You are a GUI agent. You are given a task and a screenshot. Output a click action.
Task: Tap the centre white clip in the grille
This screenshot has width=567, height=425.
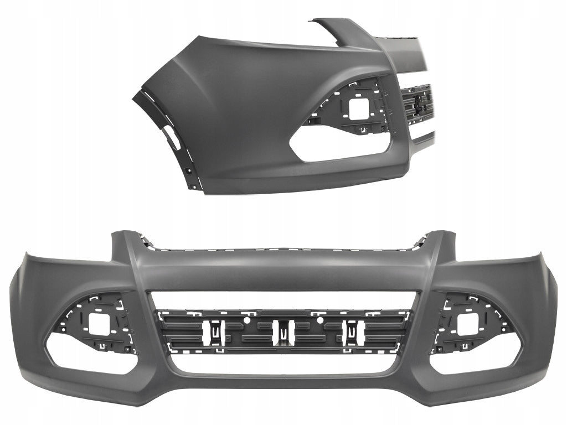click(x=283, y=331)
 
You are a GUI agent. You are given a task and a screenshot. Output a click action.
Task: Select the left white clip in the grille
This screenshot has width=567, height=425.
click(x=213, y=331)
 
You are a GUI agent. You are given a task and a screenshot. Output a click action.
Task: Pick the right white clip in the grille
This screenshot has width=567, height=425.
click(x=353, y=331)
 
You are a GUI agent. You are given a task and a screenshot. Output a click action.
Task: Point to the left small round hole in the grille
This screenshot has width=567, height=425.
click(x=245, y=320)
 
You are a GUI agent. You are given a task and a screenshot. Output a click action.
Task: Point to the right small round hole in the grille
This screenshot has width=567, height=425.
click(x=321, y=320)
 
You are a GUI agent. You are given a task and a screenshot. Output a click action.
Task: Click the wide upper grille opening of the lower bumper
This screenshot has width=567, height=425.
click(x=283, y=300)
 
